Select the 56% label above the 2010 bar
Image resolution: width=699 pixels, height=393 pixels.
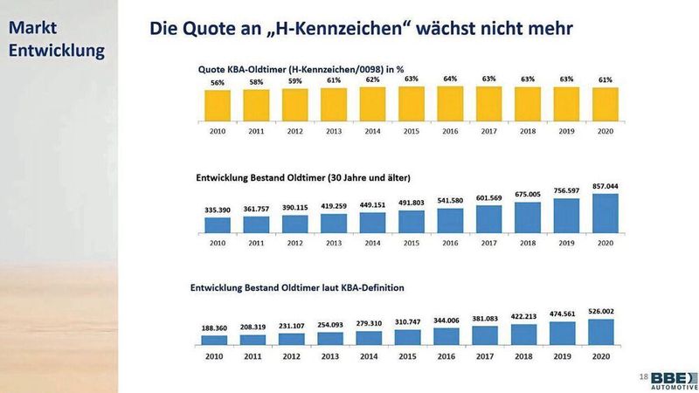click(218, 83)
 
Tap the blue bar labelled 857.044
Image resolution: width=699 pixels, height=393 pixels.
click(605, 212)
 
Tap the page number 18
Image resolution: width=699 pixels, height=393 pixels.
click(643, 376)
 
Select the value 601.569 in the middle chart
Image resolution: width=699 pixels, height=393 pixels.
click(488, 197)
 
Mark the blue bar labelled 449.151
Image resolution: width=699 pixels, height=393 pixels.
click(372, 223)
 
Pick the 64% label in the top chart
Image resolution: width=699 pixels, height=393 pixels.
click(449, 78)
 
